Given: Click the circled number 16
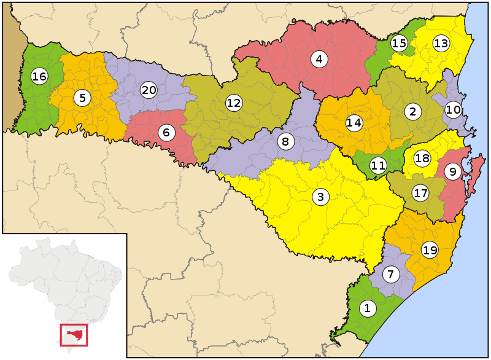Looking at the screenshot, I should [39, 77].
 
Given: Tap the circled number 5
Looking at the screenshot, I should [82, 97].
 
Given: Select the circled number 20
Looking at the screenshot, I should [149, 90].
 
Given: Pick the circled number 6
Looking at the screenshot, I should [165, 131].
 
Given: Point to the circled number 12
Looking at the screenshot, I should [233, 103].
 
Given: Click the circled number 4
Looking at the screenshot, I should [319, 60].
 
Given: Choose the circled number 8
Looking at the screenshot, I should [285, 142].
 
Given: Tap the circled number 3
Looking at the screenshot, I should [320, 197].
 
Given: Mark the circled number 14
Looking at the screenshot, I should [354, 122].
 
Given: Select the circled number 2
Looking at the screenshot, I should [412, 111].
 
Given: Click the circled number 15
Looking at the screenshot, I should [399, 43].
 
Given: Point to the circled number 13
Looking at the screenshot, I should [441, 43].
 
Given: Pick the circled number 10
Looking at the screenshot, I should [453, 110].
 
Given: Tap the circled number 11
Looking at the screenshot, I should [378, 165].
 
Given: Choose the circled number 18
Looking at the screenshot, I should [422, 158].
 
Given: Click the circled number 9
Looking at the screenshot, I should [452, 172].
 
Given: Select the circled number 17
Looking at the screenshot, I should [420, 194].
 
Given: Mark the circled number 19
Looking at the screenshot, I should [430, 250].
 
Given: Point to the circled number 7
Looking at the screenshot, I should [391, 275].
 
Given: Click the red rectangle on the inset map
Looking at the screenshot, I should [74, 335].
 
